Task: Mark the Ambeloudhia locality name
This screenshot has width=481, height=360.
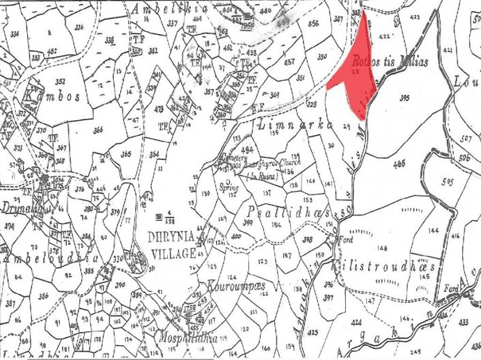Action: point(52,258)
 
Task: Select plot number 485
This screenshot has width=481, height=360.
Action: point(398,162)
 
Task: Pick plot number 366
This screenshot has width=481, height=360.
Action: point(99,130)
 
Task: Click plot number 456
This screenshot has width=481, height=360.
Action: point(314,23)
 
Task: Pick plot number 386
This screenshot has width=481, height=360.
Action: point(44,295)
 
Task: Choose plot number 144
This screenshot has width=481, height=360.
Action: point(434,232)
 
